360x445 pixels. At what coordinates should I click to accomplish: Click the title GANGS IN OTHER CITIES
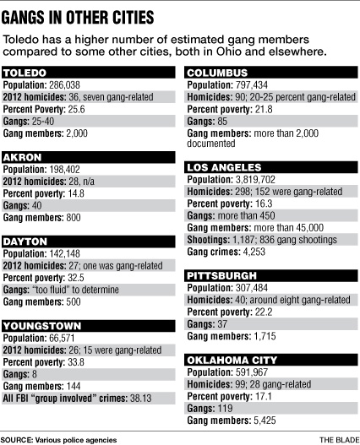pos(79,16)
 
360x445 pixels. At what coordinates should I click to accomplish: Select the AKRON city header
pos(22,157)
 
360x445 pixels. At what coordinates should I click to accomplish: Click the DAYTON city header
pos(25,241)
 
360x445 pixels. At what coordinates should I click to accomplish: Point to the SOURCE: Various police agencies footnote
pos(58,439)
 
